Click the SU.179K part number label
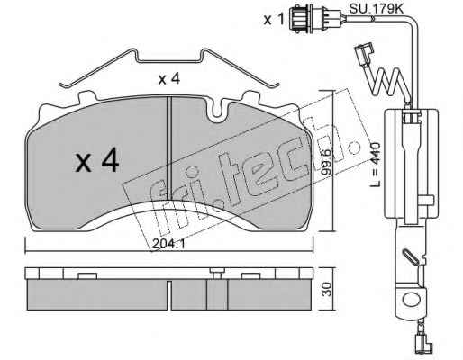pos(376,9)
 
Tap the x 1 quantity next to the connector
pos(274,20)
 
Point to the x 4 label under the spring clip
pos(169,79)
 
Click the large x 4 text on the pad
pos(97,161)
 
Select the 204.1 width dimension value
pos(168,244)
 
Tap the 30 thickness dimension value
pos(328,289)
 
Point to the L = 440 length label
pos(376,165)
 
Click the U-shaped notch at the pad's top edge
pos(218,112)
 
